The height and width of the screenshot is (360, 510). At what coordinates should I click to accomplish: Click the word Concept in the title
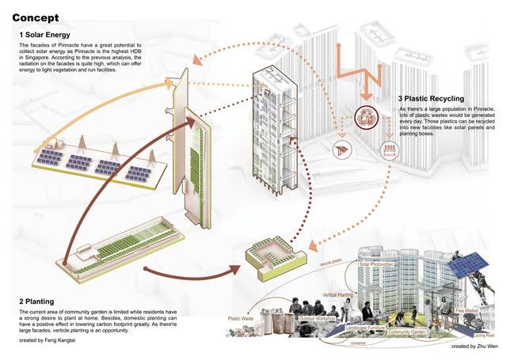coord(36,17)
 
